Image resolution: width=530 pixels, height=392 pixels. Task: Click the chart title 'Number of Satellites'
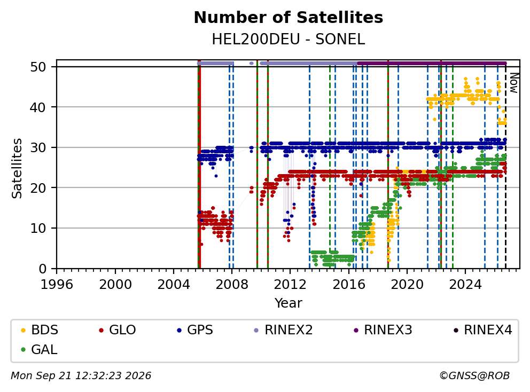click(x=289, y=18)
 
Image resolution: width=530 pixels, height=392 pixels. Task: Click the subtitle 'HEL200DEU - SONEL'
click(x=289, y=40)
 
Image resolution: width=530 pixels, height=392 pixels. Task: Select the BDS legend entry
click(x=40, y=330)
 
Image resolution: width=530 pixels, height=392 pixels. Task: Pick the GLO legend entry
click(x=118, y=330)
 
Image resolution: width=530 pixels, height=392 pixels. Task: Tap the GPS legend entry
click(x=195, y=330)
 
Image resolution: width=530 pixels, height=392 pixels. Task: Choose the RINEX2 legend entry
click(x=283, y=330)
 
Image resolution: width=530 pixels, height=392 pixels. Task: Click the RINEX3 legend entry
click(x=383, y=330)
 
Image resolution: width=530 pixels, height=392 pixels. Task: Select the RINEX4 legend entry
click(x=482, y=330)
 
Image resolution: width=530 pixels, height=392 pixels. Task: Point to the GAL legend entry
click(x=39, y=349)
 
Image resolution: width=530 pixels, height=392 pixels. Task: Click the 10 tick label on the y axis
click(x=38, y=228)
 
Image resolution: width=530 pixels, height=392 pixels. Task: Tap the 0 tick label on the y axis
click(x=42, y=269)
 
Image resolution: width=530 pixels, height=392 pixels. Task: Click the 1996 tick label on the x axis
click(x=57, y=285)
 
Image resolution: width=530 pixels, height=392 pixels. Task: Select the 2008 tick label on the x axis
click(x=232, y=285)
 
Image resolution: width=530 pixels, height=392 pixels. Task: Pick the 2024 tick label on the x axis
click(x=465, y=285)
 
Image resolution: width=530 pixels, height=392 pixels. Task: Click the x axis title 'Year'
click(x=289, y=303)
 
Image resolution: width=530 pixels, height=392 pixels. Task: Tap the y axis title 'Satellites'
click(x=17, y=168)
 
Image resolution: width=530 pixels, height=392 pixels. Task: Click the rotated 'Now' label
click(x=514, y=83)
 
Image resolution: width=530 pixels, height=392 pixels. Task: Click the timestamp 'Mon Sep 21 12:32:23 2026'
click(x=81, y=375)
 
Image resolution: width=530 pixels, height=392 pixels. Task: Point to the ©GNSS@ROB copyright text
click(x=474, y=375)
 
